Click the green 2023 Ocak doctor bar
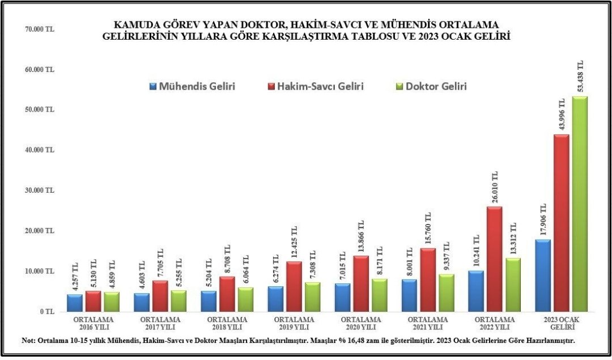click(x=579, y=204)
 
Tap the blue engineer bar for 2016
click(x=75, y=303)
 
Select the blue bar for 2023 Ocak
click(x=543, y=276)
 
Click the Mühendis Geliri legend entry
click(x=192, y=87)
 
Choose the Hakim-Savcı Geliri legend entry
click(x=316, y=87)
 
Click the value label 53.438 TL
click(x=580, y=77)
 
